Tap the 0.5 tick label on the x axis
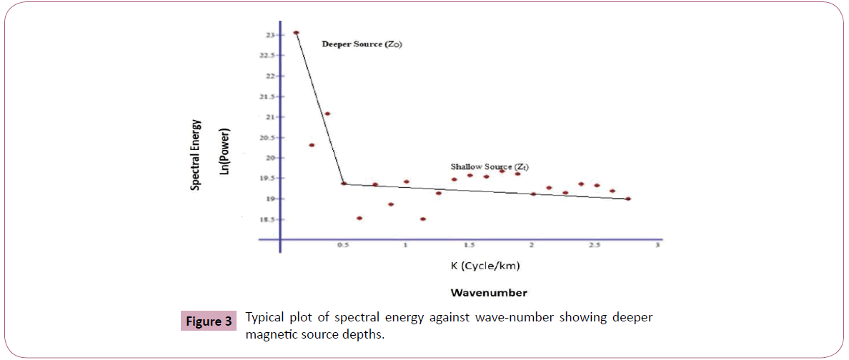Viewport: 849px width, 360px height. point(344,246)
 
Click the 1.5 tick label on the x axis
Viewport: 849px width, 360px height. point(469,246)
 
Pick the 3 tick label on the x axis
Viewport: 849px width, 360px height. point(657,246)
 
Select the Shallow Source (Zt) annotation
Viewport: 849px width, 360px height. point(490,166)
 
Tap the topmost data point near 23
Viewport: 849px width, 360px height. point(296,33)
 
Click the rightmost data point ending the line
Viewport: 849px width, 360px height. point(627,199)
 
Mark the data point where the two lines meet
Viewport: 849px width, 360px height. point(344,184)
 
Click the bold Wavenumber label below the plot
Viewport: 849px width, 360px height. point(489,292)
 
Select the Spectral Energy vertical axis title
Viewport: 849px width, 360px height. point(194,154)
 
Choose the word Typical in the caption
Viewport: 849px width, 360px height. point(265,317)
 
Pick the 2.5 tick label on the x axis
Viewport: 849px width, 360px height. point(594,246)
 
